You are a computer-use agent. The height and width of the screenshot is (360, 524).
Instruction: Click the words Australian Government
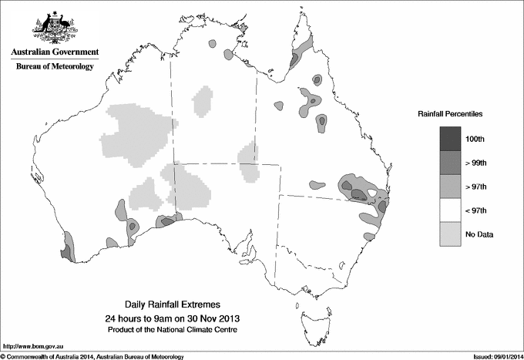[x=55, y=52]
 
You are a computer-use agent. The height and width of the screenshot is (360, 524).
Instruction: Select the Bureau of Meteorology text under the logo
[x=55, y=67]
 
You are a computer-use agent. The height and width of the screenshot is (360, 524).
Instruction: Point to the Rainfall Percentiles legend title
[x=450, y=114]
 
